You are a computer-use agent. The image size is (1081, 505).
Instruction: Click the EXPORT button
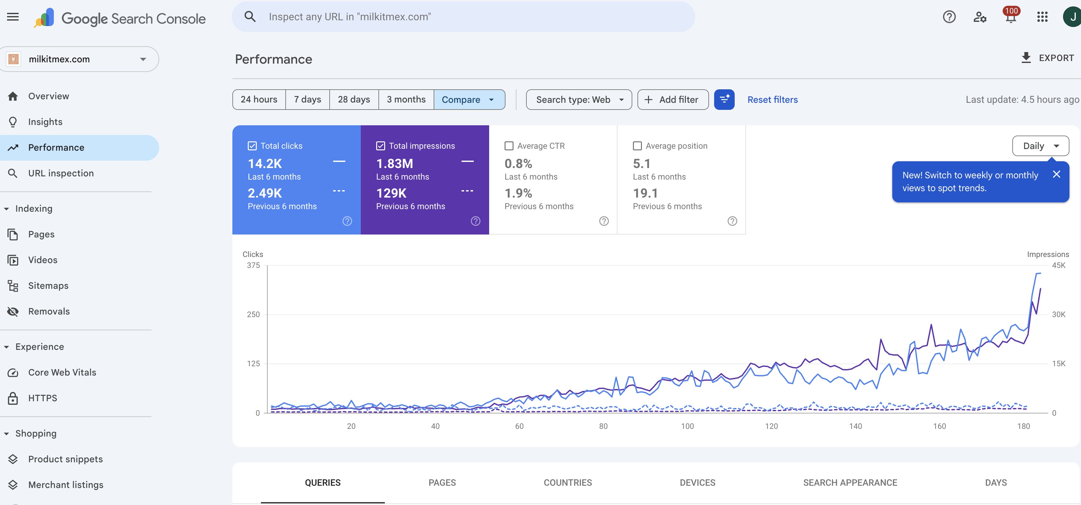[1047, 58]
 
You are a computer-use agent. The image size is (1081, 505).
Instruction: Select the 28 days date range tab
[354, 100]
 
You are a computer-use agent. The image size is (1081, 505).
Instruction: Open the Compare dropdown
[469, 100]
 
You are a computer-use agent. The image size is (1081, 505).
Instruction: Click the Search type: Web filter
[578, 100]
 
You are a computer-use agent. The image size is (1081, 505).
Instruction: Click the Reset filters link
[772, 100]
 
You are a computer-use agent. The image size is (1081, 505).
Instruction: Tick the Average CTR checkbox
[509, 146]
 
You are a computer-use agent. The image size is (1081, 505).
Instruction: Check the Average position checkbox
[637, 146]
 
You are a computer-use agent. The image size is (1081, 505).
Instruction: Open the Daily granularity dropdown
[1040, 146]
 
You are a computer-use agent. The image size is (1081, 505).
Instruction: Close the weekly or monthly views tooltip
[1056, 174]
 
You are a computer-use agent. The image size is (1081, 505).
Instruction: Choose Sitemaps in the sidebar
[48, 286]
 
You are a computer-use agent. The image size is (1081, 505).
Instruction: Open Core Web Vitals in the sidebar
[62, 372]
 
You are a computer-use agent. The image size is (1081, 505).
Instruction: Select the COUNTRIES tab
[567, 482]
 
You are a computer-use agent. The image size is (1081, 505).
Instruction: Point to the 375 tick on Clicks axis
[253, 265]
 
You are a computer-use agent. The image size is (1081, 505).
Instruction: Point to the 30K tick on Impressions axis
[1058, 314]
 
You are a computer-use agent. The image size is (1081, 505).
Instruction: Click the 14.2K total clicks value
[264, 164]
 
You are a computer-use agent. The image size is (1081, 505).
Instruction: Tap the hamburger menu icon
[13, 17]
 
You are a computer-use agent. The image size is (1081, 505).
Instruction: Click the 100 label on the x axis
[687, 426]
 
